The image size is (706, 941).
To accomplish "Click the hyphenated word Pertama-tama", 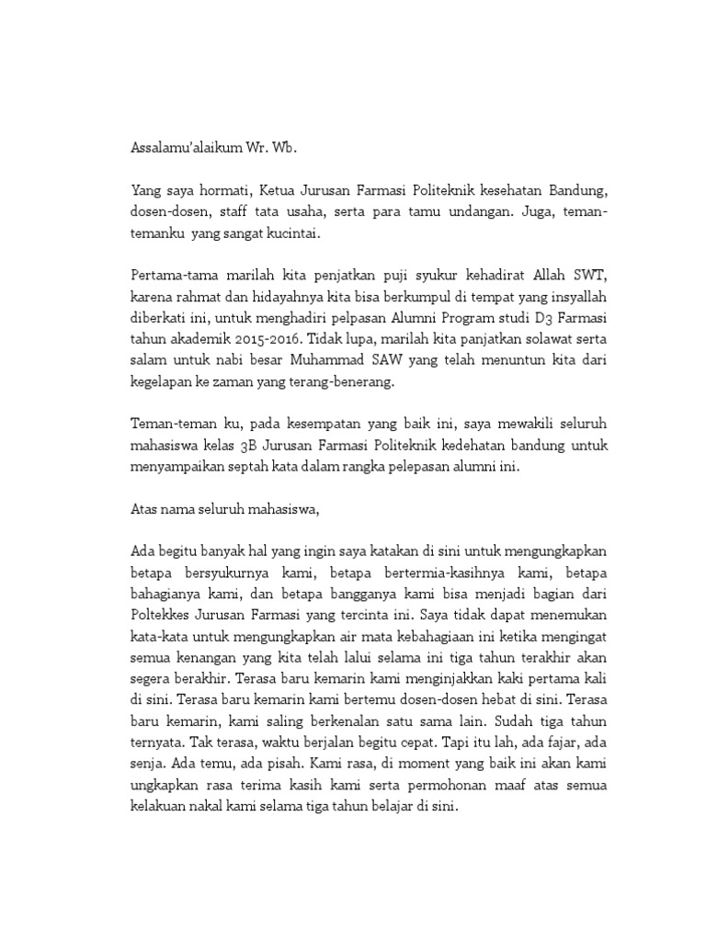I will pos(166,280).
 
